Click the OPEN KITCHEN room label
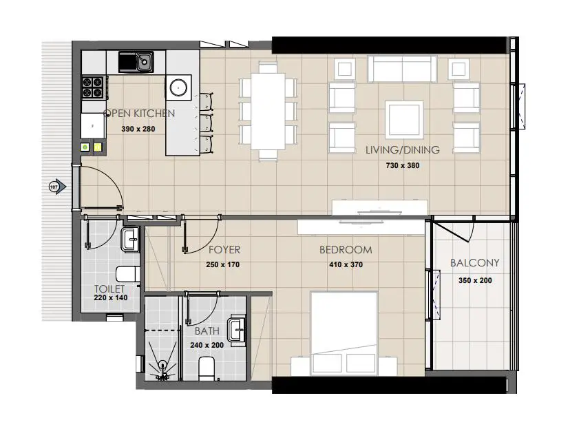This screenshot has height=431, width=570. coord(139,114)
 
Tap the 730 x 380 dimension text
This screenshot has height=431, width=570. coord(403,165)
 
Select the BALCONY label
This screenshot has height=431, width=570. coord(474,263)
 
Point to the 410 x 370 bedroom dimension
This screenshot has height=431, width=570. coord(345,264)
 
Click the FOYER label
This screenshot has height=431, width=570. coord(224,250)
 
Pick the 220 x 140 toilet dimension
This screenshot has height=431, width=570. coord(110,298)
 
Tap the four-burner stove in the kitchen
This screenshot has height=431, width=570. coord(95,87)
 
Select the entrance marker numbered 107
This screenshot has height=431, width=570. coord(55,186)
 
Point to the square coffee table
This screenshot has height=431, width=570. coord(403,119)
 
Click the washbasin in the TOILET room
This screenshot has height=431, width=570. coord(131,240)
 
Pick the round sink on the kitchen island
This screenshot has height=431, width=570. coord(179,87)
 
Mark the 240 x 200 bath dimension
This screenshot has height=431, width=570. coord(207,346)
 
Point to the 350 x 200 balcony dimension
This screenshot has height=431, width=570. coord(475,280)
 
